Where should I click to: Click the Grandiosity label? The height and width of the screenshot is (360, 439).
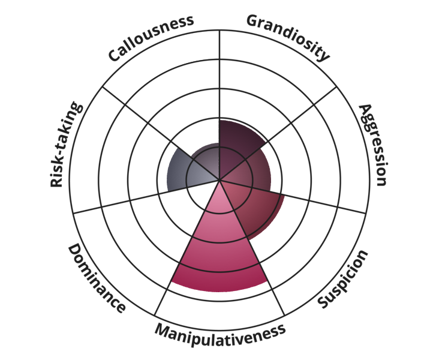click(288, 37)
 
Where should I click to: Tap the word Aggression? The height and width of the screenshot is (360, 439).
click(374, 145)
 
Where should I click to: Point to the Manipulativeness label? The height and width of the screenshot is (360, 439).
click(220, 334)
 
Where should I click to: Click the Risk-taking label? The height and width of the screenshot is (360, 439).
click(66, 144)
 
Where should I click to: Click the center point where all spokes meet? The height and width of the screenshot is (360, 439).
click(220, 180)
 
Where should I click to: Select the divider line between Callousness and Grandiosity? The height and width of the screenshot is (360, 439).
click(220, 105)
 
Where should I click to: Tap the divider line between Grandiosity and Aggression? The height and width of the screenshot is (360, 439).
click(278, 133)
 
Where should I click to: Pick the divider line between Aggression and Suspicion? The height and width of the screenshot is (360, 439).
click(293, 197)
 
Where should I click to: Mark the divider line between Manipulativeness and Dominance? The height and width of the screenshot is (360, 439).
click(187, 248)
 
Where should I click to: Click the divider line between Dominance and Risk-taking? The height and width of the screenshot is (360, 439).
click(146, 197)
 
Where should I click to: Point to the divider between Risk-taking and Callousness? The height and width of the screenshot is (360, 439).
click(161, 133)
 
